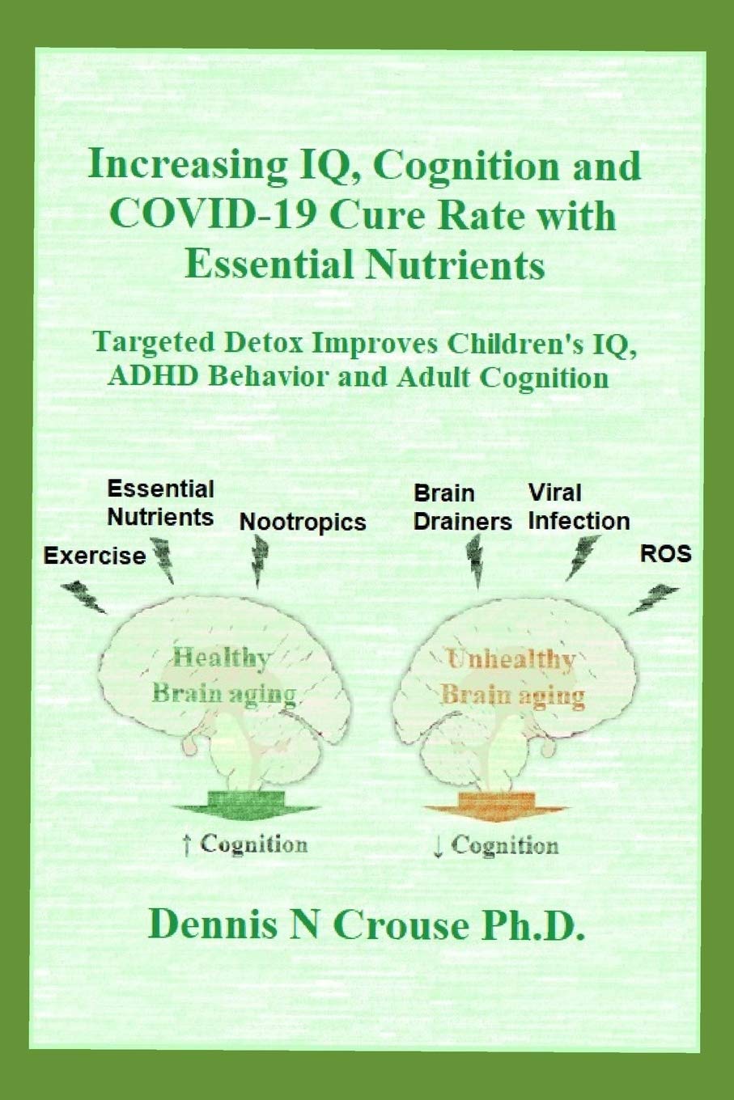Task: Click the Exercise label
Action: click(x=95, y=556)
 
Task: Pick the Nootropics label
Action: click(x=303, y=522)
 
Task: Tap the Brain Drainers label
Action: click(x=462, y=507)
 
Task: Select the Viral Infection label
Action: click(x=579, y=506)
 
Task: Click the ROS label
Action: click(x=666, y=554)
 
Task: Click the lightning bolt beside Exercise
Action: click(x=84, y=596)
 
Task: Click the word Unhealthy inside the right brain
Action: click(x=511, y=660)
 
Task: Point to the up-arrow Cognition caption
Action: click(x=245, y=845)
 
